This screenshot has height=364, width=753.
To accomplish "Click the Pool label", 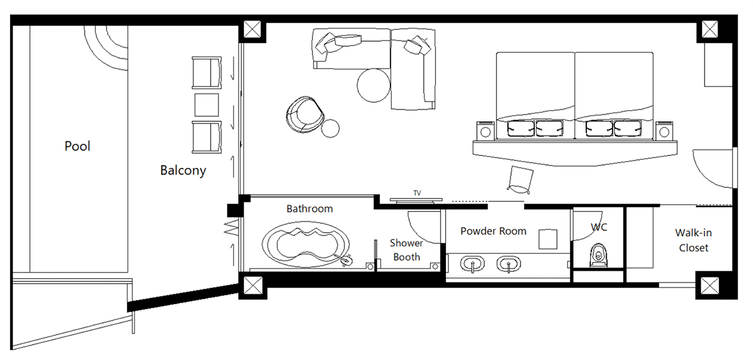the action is (77, 146).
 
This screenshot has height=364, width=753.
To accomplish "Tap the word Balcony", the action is (183, 170).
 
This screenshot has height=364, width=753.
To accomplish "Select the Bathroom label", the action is (310, 208).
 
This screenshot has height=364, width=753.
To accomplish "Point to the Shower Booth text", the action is (407, 250).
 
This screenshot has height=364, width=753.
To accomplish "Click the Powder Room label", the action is (493, 231).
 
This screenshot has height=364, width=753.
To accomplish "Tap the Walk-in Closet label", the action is (693, 240).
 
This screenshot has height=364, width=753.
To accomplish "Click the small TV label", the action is (417, 193).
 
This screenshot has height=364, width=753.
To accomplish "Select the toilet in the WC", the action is (598, 254).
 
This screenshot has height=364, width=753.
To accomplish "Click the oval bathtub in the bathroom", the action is (306, 245).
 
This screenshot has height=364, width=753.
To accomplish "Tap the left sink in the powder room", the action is (473, 264).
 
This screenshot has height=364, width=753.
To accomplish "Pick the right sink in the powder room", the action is (509, 264).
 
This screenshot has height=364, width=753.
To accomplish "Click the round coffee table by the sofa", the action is (374, 85).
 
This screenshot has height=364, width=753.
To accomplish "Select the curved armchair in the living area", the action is (305, 114).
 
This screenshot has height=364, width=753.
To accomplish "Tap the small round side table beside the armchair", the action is (330, 129).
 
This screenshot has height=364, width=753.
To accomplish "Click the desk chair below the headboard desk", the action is (520, 180).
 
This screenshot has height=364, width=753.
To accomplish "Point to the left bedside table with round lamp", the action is (486, 131).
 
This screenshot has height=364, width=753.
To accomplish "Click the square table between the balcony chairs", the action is (206, 105).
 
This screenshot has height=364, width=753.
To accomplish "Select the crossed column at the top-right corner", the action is (710, 29).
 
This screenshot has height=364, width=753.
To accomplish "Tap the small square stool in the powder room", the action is (548, 239).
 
